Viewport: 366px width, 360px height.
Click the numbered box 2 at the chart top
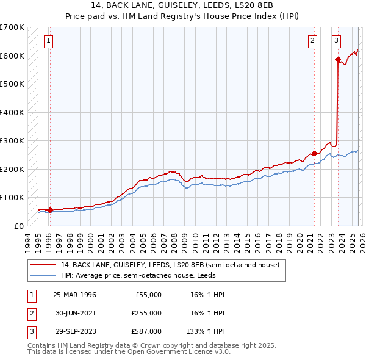312,41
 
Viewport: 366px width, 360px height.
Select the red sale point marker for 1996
50,210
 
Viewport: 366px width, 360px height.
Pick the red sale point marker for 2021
314,153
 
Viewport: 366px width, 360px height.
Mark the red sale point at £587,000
337,59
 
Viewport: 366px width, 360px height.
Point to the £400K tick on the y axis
12,112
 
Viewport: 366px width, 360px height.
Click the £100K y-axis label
12,198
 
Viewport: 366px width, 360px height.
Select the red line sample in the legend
43,265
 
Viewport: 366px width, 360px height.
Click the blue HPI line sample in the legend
43,275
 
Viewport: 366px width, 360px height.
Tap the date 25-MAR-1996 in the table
74,295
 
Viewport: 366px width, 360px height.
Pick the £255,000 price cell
146,313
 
